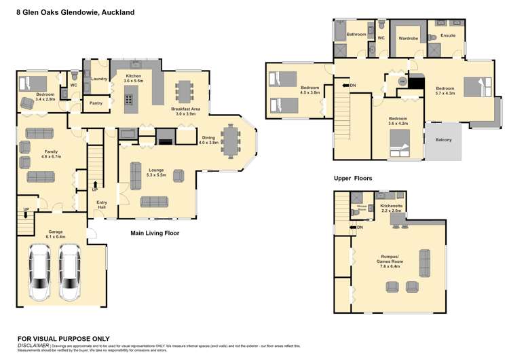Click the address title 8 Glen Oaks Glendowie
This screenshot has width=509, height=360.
(x=75, y=12)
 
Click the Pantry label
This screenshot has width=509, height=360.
(x=96, y=103)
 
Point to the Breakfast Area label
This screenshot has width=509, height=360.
(x=185, y=111)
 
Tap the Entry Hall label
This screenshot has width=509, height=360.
(x=102, y=204)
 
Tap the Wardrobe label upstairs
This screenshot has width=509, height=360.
(x=408, y=38)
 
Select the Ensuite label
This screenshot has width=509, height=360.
(x=448, y=35)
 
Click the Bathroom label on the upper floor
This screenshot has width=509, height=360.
(x=356, y=34)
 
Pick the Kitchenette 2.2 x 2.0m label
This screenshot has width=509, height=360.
(x=392, y=207)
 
